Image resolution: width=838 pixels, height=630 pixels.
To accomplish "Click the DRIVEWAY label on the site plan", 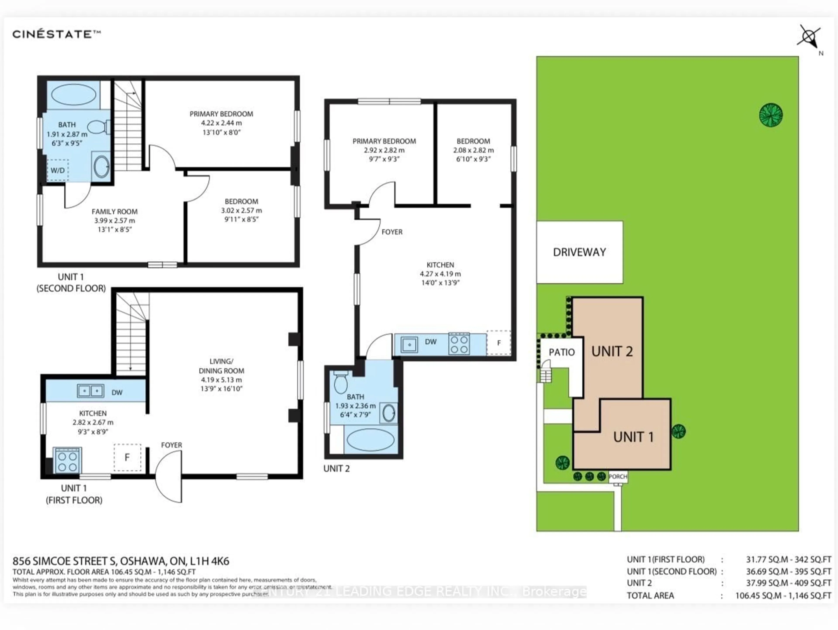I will click(x=579, y=252).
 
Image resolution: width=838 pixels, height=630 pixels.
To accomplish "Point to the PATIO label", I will click(x=562, y=352).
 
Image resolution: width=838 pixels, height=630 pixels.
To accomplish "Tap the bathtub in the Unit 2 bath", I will click(x=371, y=440).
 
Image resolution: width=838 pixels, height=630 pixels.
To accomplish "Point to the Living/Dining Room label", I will click(x=221, y=366).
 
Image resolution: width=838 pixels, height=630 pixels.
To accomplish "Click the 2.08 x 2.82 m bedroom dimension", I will click(x=473, y=150).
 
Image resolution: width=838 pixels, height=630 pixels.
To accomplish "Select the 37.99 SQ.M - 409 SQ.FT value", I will click(x=788, y=583).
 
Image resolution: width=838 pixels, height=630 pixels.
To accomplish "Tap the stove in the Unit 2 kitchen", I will click(x=459, y=344).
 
